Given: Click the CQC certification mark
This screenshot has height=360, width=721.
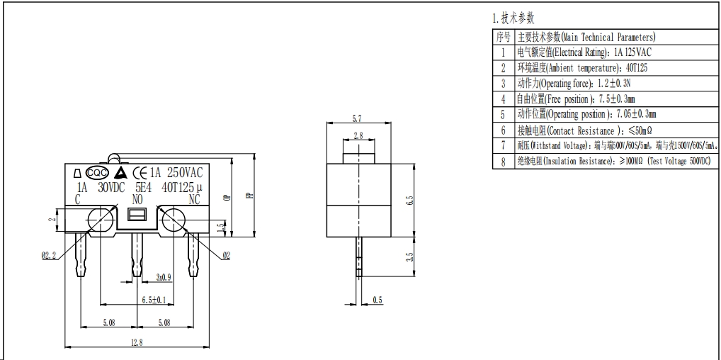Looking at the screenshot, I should tap(96, 172).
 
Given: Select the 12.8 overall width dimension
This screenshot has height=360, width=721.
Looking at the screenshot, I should tap(137, 342).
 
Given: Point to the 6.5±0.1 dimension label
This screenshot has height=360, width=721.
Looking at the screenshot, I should tap(154, 300).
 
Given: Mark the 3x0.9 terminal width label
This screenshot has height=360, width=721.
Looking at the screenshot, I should tap(164, 276).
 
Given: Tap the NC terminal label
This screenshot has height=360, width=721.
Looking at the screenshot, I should tap(193, 200).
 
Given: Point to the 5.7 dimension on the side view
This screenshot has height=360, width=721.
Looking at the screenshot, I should tap(358, 117).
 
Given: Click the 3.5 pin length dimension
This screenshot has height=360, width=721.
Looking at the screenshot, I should tap(409, 258).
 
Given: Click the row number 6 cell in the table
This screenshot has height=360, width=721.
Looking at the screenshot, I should tap(503, 130).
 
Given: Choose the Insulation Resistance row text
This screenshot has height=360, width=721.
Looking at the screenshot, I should tap(613, 162).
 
